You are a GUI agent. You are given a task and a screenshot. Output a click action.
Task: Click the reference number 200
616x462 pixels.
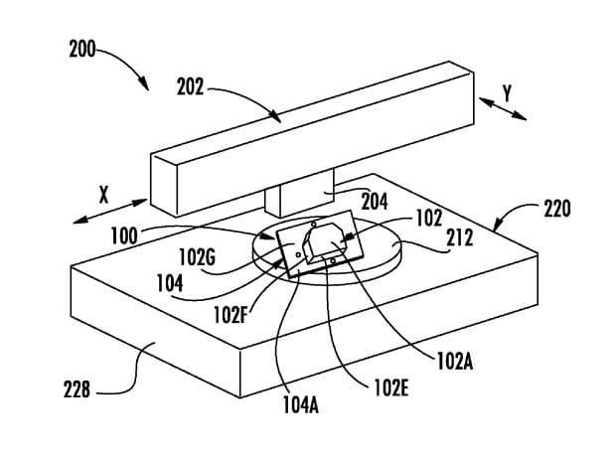click(x=82, y=50)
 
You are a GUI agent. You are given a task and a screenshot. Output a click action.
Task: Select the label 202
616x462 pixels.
click(x=190, y=86)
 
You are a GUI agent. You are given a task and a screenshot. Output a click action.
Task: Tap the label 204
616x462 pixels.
click(x=375, y=202)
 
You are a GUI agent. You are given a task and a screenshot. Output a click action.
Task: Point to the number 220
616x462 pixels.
click(x=557, y=209)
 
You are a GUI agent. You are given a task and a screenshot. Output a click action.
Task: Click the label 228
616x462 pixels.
click(x=77, y=390)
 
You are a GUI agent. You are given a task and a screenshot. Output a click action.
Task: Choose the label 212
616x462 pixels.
click(x=460, y=237)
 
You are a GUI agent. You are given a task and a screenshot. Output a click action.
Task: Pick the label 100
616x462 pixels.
click(x=124, y=236)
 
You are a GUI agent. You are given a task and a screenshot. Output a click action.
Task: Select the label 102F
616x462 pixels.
click(x=231, y=315)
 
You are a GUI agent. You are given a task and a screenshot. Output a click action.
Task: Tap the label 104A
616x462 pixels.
click(x=300, y=405)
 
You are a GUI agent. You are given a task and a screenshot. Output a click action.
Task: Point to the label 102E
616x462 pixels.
click(x=391, y=387)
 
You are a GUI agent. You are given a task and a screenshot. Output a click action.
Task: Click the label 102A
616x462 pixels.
click(x=455, y=362)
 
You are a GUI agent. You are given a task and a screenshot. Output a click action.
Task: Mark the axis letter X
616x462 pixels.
click(x=103, y=195)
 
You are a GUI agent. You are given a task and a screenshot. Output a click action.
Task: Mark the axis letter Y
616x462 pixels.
click(x=508, y=94)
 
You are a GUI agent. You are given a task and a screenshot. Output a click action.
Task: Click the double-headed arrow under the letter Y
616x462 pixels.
click(x=503, y=109)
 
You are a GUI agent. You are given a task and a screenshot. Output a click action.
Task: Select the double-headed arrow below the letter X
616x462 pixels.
click(x=110, y=212)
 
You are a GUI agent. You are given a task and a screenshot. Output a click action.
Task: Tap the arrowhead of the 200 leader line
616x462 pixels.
click(x=145, y=83)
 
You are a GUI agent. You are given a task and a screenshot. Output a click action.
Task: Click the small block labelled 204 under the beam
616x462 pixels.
click(x=299, y=194)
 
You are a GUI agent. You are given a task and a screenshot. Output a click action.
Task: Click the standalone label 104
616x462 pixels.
click(x=170, y=283)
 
